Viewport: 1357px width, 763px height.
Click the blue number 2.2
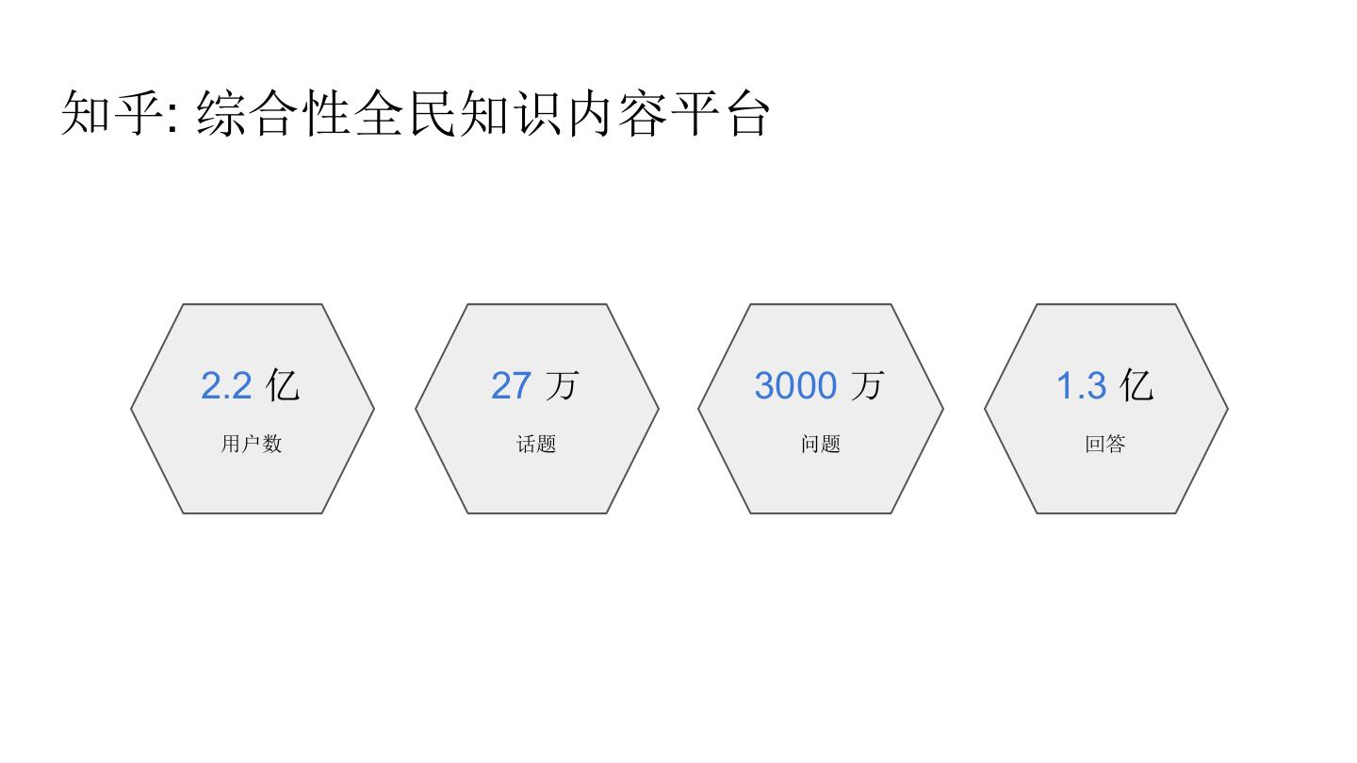click(226, 386)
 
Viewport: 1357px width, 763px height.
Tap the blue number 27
click(511, 386)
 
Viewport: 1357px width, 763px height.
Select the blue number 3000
click(795, 386)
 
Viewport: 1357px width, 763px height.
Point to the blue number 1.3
click(1081, 386)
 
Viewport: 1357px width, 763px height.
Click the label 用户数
click(252, 444)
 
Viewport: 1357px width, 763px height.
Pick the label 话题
click(536, 444)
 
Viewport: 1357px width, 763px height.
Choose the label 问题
click(821, 444)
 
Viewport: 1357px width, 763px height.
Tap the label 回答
click(1105, 444)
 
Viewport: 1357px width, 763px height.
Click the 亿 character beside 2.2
click(283, 385)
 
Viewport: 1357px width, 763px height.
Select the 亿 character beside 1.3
click(1136, 385)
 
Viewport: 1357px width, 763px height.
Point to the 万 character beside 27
click(562, 385)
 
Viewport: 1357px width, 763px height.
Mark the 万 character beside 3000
click(868, 385)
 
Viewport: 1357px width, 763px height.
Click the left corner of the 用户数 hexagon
click(132, 409)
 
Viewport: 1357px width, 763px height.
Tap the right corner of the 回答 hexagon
click(1227, 409)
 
